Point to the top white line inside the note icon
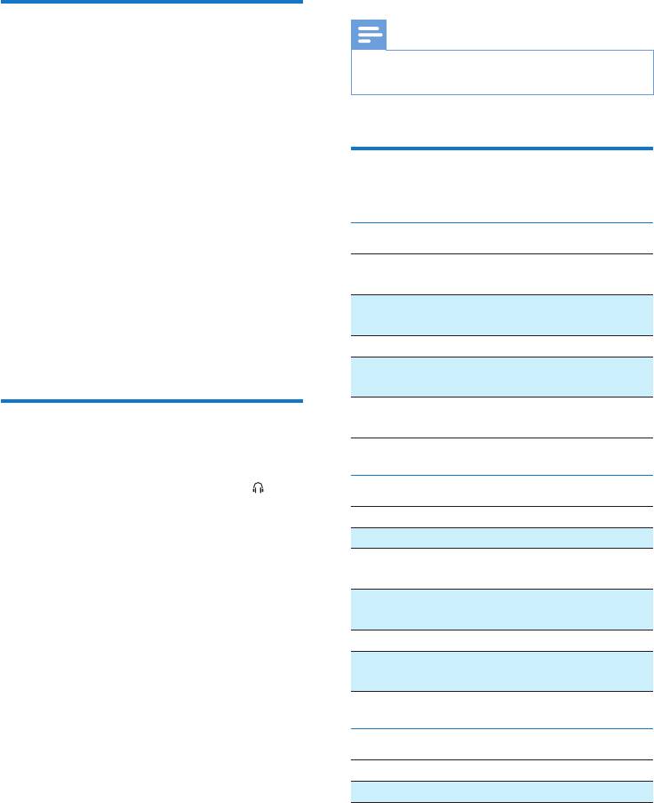coord(369,29)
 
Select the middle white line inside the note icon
coord(369,35)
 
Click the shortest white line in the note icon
coord(364,41)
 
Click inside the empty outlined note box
coord(502,73)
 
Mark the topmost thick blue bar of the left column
coord(151,2)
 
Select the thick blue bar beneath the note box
coord(502,149)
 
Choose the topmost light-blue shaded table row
coord(502,314)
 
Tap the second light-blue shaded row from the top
coord(502,376)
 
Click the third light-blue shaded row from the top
coord(502,536)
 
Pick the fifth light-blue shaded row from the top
coord(502,671)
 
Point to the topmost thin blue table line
coord(502,223)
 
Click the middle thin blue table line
coord(502,476)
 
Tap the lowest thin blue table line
coord(502,729)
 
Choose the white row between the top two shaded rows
coord(502,345)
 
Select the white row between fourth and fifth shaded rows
coord(502,639)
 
